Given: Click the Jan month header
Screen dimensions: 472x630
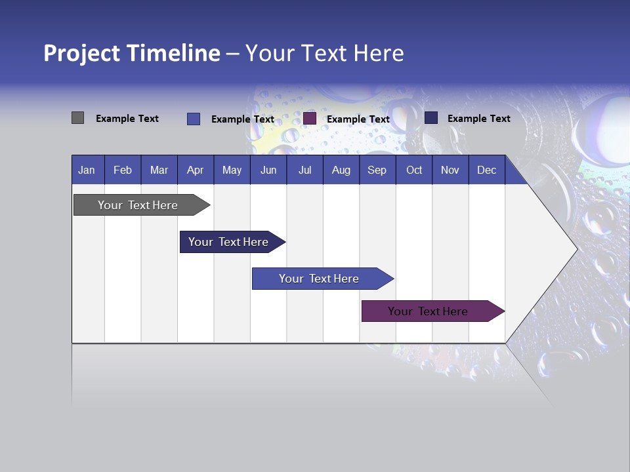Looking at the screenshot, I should click(87, 170).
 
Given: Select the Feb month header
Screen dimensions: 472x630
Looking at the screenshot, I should click(123, 170).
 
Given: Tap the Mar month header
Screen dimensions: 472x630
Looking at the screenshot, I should click(159, 170).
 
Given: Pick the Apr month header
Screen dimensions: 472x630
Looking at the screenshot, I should click(195, 170).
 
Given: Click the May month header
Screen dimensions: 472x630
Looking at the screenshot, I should click(232, 170).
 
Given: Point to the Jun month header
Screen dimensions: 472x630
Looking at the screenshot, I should click(268, 170).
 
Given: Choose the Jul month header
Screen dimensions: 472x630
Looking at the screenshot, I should click(304, 170).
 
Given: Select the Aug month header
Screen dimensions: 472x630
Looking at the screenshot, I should click(341, 170).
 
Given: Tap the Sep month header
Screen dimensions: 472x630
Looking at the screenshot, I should click(377, 170).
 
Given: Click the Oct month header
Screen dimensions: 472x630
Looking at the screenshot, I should click(414, 170).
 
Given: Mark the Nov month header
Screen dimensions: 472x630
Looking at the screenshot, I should click(450, 170).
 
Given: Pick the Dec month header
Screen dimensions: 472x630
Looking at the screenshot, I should click(486, 170).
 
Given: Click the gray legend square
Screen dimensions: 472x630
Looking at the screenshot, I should click(78, 118).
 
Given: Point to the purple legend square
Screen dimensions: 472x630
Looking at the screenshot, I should click(310, 119).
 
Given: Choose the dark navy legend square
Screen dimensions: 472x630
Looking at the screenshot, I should click(431, 118).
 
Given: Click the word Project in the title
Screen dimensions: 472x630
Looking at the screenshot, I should click(82, 53).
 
